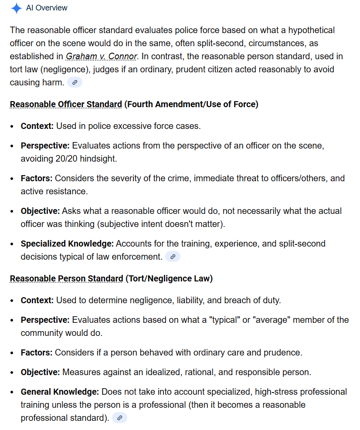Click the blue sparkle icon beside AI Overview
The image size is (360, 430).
pyautogui.click(x=17, y=8)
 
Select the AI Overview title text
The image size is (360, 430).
pyautogui.click(x=47, y=8)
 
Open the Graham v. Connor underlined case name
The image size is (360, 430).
pyautogui.click(x=102, y=56)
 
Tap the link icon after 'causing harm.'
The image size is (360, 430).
pyautogui.click(x=75, y=82)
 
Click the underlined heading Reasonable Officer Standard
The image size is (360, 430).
pyautogui.click(x=66, y=105)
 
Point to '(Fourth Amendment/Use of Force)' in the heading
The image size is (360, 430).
pyautogui.click(x=191, y=105)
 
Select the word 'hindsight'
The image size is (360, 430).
pyautogui.click(x=101, y=159)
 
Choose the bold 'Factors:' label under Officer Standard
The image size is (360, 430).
pyautogui.click(x=37, y=178)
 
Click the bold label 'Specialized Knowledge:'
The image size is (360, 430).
pyautogui.click(x=67, y=244)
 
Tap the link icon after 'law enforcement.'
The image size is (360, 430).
pyautogui.click(x=173, y=257)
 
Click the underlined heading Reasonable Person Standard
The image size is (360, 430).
pyautogui.click(x=66, y=278)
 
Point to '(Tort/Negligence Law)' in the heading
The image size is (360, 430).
pyautogui.click(x=169, y=278)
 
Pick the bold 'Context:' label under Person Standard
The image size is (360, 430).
pyautogui.click(x=37, y=300)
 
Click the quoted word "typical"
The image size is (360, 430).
pyautogui.click(x=225, y=320)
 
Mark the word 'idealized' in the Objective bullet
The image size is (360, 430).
pyautogui.click(x=130, y=372)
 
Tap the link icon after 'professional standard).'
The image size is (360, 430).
pyautogui.click(x=119, y=418)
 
